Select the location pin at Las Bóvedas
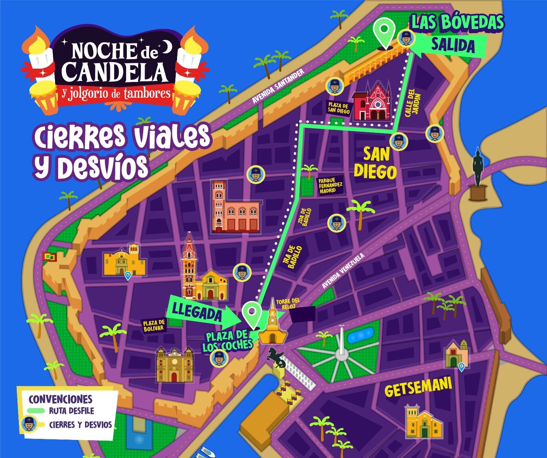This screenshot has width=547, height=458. (x=384, y=32)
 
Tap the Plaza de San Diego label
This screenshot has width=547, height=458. (x=338, y=108)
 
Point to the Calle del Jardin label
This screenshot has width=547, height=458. (x=412, y=103)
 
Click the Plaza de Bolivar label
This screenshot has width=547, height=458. (x=154, y=325)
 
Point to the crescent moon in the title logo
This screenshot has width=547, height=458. (x=167, y=46)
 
